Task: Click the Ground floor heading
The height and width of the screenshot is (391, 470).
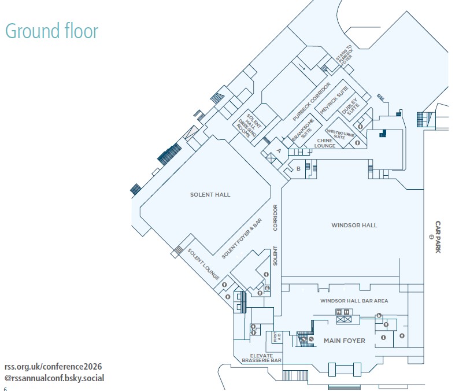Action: pos(51,31)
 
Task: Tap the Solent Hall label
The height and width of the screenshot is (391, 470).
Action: pos(210,194)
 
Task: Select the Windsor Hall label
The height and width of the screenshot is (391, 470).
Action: pos(354,225)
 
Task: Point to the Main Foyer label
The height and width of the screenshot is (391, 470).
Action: pos(345,341)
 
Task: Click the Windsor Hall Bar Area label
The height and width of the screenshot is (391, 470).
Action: pos(354,301)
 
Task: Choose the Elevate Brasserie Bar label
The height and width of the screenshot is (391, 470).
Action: pos(261,358)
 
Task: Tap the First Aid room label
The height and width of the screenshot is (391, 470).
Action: pos(277,337)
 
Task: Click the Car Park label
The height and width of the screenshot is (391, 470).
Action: pos(438,237)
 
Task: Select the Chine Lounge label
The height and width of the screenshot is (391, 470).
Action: pos(325,143)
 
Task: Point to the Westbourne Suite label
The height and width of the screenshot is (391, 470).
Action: pos(340,134)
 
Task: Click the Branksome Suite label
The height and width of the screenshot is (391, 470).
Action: pos(303,130)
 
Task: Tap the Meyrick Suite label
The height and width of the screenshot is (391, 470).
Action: pos(334,100)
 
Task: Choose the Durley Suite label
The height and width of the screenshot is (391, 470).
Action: pos(350,106)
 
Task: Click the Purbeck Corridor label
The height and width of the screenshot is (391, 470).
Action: pos(312,102)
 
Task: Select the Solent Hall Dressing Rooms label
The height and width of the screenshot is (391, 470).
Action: pos(249,126)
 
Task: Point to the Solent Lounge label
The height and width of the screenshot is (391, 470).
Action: pos(203,264)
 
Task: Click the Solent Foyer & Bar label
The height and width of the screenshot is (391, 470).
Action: pos(242,238)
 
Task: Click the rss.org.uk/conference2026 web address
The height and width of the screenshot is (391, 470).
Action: pos(53,367)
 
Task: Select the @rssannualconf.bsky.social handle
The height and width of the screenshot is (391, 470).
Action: pos(54,378)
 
